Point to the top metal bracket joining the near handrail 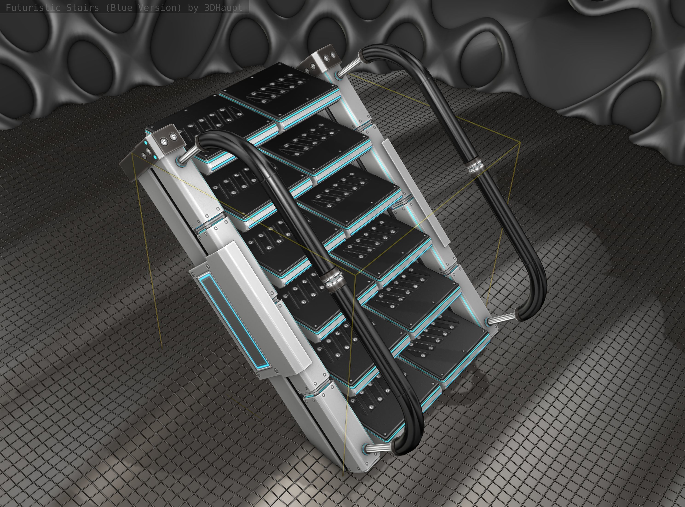click(x=187, y=155)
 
